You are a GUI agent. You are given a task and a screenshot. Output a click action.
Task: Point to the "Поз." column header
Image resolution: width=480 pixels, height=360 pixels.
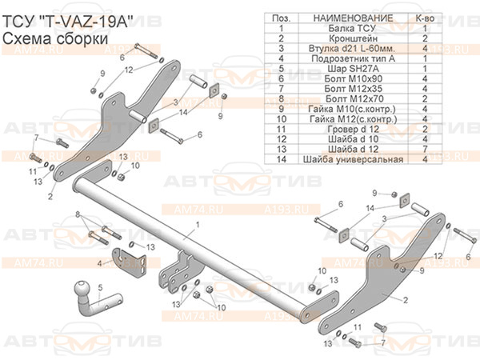coord(281,17)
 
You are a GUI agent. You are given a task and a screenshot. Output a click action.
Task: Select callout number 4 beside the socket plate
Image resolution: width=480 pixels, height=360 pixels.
coord(99,262)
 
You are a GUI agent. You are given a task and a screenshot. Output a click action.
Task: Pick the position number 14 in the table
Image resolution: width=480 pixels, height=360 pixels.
coord(281,159)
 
